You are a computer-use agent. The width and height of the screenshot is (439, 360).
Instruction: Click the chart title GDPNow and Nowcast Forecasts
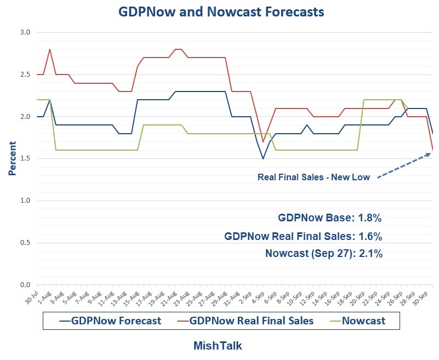pyautogui.click(x=221, y=11)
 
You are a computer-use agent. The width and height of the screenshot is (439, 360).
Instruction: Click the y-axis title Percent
pyautogui.click(x=12, y=158)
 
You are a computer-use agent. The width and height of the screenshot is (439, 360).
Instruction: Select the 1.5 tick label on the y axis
pyautogui.click(x=25, y=159)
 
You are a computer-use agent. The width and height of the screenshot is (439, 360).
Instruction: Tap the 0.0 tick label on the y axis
pyautogui.click(x=25, y=285)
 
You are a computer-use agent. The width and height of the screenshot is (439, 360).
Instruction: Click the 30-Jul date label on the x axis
pyautogui.click(x=33, y=299)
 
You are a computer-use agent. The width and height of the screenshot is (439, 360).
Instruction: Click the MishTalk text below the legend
pyautogui.click(x=218, y=346)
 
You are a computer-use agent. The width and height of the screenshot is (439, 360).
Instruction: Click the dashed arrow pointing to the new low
pyautogui.click(x=403, y=165)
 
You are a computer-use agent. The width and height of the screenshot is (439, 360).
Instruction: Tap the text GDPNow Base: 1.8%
pyautogui.click(x=330, y=218)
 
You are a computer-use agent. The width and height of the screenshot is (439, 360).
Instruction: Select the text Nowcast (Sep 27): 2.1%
pyautogui.click(x=323, y=253)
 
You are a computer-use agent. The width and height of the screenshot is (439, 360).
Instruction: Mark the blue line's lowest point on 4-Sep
pyautogui.click(x=263, y=159)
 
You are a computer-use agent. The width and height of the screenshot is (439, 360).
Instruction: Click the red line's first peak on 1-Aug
pyautogui.click(x=50, y=49)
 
